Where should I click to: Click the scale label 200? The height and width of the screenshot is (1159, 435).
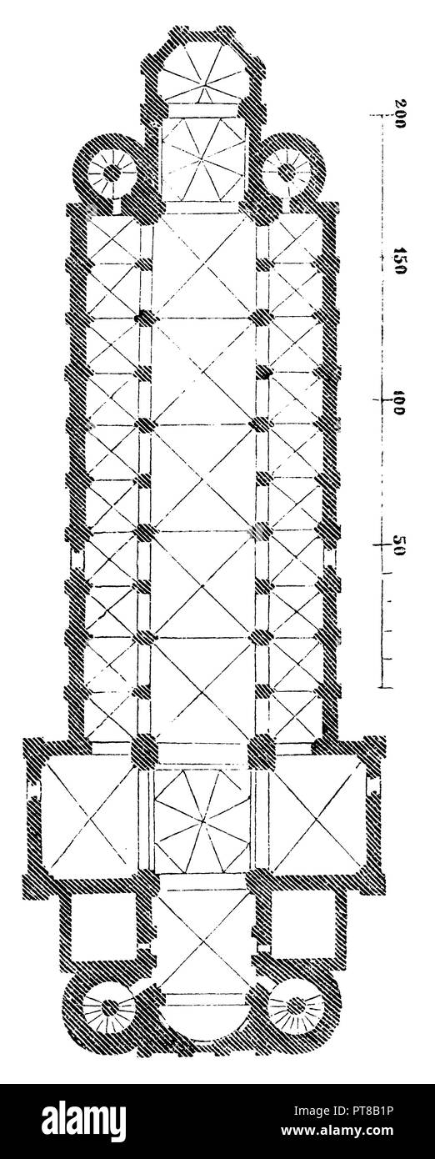[x=399, y=112]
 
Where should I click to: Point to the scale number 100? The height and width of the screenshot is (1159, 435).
[x=398, y=403]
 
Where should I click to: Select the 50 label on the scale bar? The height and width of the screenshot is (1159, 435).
[x=397, y=546]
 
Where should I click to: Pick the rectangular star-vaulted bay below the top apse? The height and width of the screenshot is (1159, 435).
[x=202, y=159]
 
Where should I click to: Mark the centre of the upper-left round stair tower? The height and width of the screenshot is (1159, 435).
[x=110, y=171]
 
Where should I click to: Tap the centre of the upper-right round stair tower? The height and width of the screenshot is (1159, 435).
[x=287, y=171]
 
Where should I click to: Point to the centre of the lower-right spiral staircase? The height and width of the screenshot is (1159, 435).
[x=295, y=1007]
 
